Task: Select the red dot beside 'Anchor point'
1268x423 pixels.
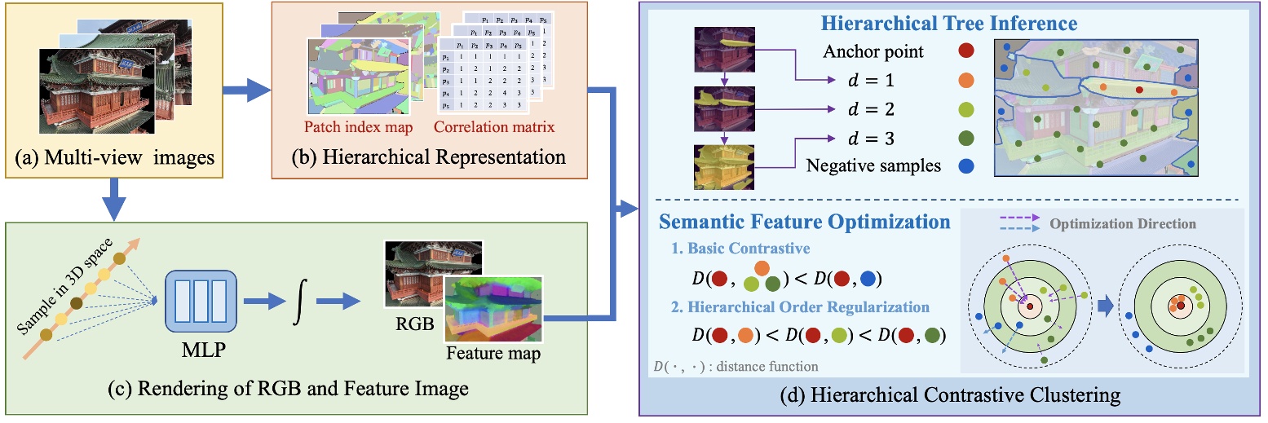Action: click(965, 52)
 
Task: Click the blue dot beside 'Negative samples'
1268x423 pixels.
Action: click(965, 166)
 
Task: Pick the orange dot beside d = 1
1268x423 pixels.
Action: click(965, 81)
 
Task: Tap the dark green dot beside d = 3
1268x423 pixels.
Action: click(965, 138)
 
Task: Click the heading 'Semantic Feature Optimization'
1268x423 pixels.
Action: click(804, 222)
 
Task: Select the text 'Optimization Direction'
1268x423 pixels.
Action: click(1122, 223)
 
